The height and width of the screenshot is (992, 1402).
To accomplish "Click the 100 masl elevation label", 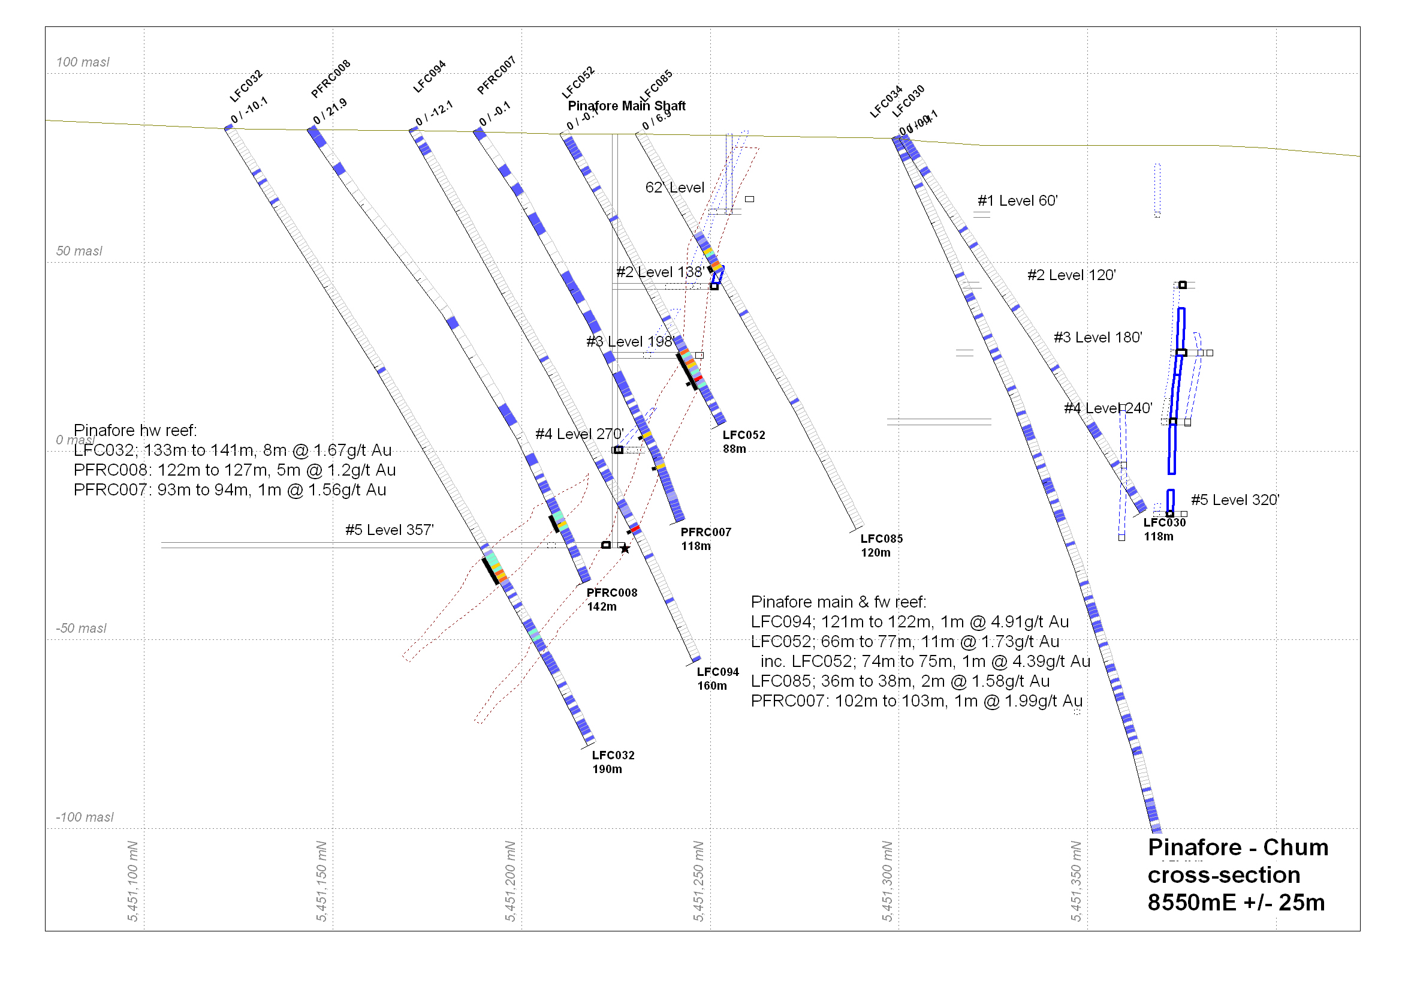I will (x=83, y=62).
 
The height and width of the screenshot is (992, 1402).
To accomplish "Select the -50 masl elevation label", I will (x=80, y=629).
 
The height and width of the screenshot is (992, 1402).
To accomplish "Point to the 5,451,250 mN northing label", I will (x=698, y=882).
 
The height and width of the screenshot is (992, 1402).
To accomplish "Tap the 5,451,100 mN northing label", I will (x=133, y=882).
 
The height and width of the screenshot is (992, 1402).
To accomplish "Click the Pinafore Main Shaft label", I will (x=626, y=106).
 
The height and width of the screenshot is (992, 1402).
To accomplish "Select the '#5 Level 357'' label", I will (x=390, y=530).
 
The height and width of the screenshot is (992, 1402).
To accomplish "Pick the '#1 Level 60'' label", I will (x=1017, y=201).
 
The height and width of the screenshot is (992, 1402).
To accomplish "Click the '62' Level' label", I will (x=675, y=188).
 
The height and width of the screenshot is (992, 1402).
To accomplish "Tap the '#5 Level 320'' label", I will (x=1235, y=500).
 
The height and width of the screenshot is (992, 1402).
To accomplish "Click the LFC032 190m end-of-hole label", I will (x=613, y=762).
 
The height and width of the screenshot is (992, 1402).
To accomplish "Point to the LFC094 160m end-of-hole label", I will (x=717, y=679).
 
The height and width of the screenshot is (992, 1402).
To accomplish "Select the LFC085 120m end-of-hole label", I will (x=881, y=545).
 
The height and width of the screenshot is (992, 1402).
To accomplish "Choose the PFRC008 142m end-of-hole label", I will (x=612, y=600).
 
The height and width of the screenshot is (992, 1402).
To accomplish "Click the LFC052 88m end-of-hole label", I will (x=744, y=441).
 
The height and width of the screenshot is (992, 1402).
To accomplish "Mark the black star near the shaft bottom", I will (x=625, y=549).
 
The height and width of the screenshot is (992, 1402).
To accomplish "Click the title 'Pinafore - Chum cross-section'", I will (x=1237, y=861).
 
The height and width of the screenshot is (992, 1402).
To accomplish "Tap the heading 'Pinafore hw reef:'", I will (x=135, y=431).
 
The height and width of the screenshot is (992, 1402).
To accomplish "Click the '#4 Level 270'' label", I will (x=579, y=434).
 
